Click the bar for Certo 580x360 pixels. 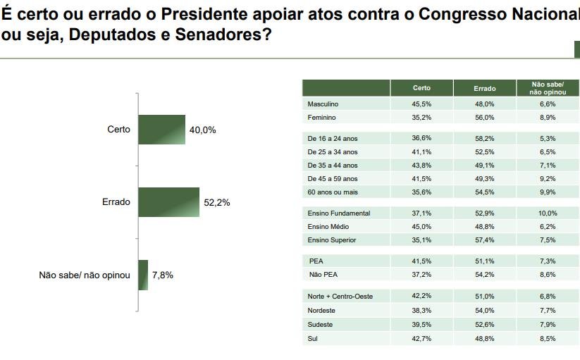click(161, 130)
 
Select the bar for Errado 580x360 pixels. click(169, 202)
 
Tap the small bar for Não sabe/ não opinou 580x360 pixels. click(143, 275)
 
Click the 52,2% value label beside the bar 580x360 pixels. click(217, 202)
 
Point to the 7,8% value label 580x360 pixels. click(162, 275)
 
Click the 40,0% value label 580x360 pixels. click(202, 130)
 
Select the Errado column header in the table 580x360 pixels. click(485, 88)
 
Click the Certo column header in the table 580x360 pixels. click(421, 88)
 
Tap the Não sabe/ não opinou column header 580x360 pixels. click(548, 88)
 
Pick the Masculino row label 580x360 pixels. click(323, 104)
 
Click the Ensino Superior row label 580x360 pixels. click(332, 240)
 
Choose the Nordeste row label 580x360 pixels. click(322, 310)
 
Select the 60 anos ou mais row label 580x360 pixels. click(333, 192)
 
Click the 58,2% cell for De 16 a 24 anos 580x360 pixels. click(485, 138)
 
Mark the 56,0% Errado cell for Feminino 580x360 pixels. click(485, 117)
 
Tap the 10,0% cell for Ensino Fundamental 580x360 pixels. click(548, 213)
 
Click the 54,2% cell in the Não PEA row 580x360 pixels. click(485, 275)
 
